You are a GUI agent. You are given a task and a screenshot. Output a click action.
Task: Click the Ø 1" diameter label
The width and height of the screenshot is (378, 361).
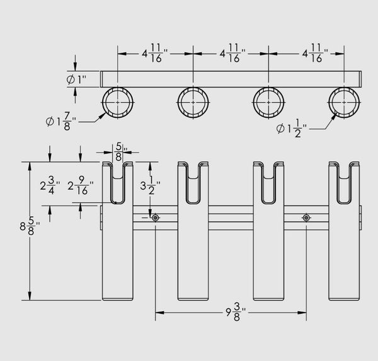coord(76,79)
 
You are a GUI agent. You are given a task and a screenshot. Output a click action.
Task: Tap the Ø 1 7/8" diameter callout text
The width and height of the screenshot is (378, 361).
coord(60,122)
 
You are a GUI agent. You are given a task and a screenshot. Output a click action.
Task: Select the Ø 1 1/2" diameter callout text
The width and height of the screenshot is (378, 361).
coord(292,129)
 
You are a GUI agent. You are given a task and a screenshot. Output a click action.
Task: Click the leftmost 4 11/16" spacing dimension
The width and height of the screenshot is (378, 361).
coord(154,54)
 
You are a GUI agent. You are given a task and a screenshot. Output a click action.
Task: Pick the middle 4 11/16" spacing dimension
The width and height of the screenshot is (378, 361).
coord(232,54)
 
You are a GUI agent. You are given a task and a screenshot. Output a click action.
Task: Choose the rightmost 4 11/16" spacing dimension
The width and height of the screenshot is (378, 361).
coord(316,54)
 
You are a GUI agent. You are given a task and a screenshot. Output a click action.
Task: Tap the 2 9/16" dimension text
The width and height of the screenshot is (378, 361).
coord(80,185)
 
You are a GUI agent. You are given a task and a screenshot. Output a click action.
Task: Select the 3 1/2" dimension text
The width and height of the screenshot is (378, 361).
coord(150,185)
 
